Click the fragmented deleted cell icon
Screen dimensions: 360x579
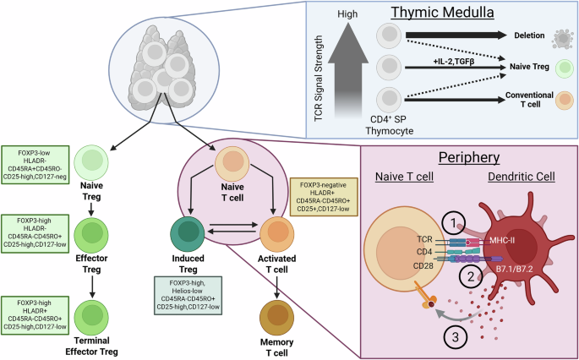pyautogui.click(x=557, y=38)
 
